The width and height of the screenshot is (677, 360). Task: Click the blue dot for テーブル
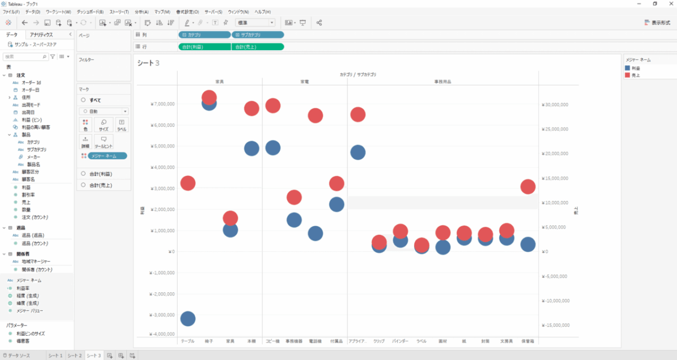pyautogui.click(x=188, y=319)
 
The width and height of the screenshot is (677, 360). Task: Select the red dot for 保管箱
pyautogui.click(x=527, y=187)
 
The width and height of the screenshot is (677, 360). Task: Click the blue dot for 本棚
pyautogui.click(x=252, y=148)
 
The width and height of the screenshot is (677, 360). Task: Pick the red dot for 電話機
pyautogui.click(x=315, y=116)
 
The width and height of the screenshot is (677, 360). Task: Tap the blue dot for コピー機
pyautogui.click(x=273, y=148)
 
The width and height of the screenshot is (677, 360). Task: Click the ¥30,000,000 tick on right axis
pyautogui.click(x=555, y=104)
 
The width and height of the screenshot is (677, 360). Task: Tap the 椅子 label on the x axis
pyautogui.click(x=209, y=341)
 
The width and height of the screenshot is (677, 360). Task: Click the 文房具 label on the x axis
pyautogui.click(x=506, y=341)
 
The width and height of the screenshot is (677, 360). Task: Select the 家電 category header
pyautogui.click(x=305, y=82)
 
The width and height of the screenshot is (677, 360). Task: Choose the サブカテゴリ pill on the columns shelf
pyautogui.click(x=257, y=34)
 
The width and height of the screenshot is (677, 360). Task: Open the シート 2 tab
pyautogui.click(x=74, y=355)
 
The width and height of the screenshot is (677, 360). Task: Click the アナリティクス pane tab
pyautogui.click(x=42, y=34)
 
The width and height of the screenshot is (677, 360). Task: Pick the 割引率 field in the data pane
pyautogui.click(x=27, y=194)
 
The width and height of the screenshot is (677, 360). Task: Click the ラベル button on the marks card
pyautogui.click(x=121, y=125)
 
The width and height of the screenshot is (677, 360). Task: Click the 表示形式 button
pyautogui.click(x=657, y=23)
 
